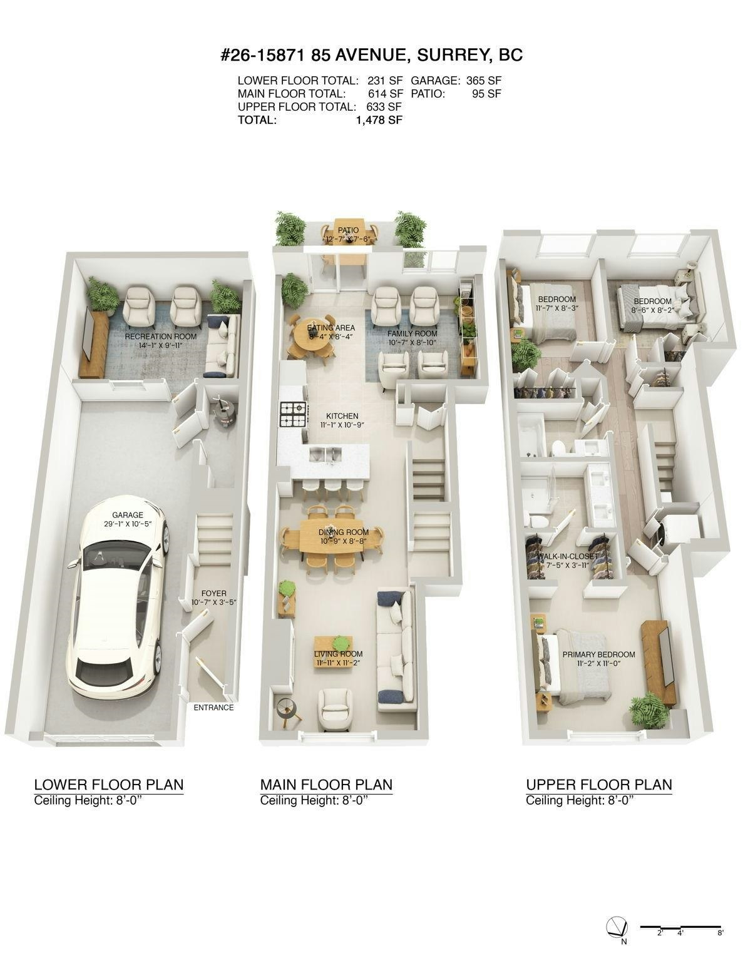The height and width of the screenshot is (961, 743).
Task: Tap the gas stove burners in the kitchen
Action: (x=293, y=414)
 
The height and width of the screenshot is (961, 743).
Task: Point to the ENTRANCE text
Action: (x=213, y=708)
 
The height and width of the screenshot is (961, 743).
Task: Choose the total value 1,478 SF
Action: (x=379, y=120)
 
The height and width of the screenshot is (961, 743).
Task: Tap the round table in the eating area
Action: (x=313, y=337)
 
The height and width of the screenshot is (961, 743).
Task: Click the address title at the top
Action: (x=372, y=55)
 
